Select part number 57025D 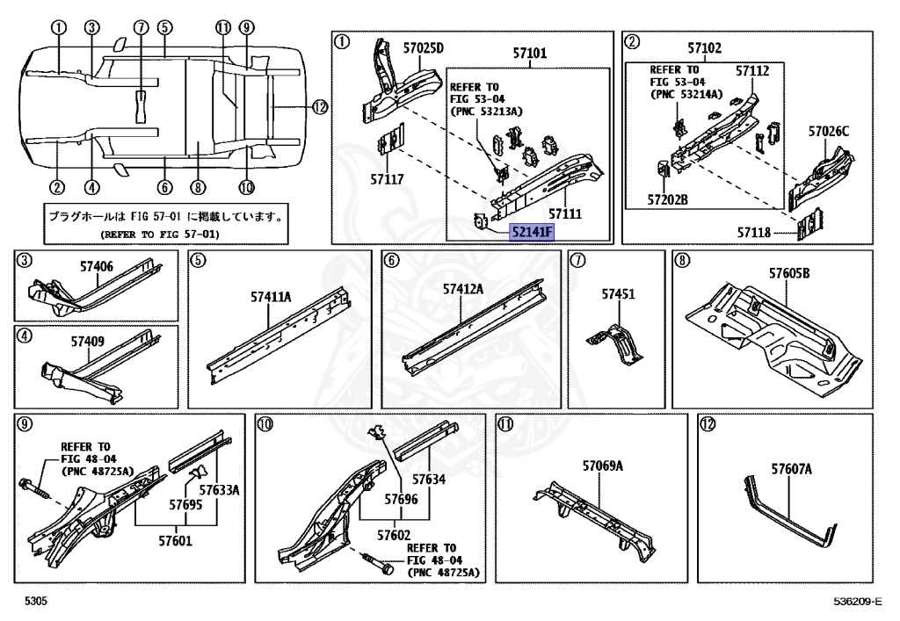point(423,48)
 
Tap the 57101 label point(530,54)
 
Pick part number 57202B point(668,199)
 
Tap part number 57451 point(618,294)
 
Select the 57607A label point(791,470)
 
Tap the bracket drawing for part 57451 point(615,343)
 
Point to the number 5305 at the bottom point(36,603)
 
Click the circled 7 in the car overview point(140,27)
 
